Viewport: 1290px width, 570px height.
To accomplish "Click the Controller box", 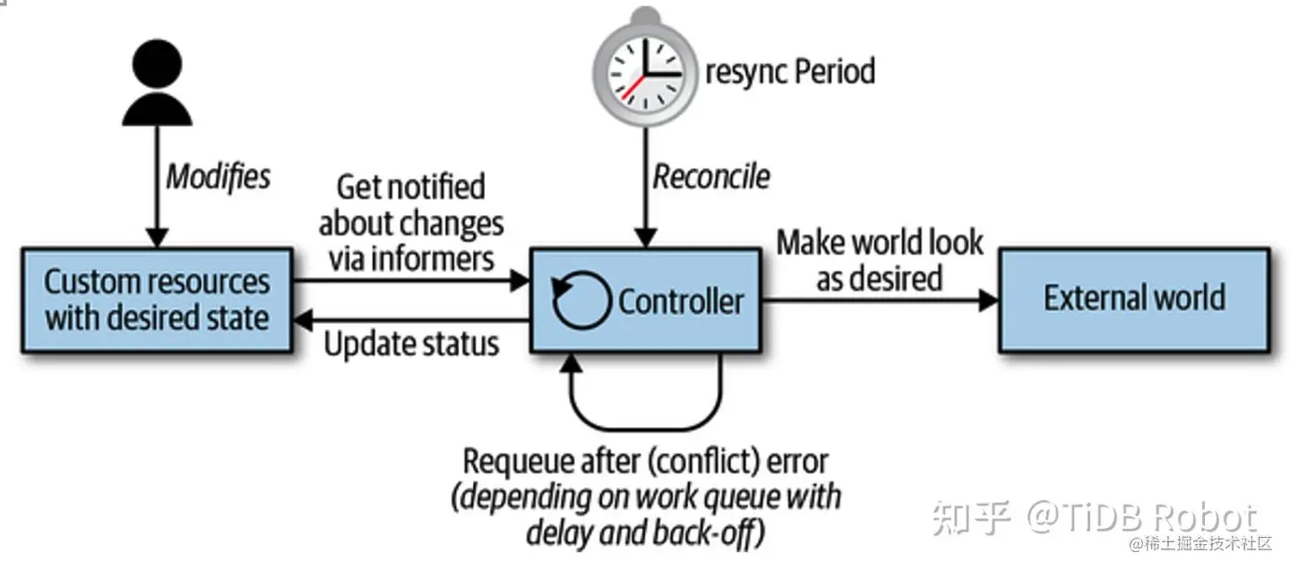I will pyautogui.click(x=645, y=299).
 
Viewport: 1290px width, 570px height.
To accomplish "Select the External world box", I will pyautogui.click(x=1134, y=299).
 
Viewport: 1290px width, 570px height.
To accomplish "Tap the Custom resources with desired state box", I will pyautogui.click(x=157, y=299).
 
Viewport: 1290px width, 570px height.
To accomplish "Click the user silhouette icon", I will pyautogui.click(x=158, y=84).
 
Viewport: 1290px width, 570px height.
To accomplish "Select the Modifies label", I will pyautogui.click(x=218, y=177).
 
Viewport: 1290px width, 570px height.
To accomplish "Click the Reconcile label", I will pyautogui.click(x=710, y=177).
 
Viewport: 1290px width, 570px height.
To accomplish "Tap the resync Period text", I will pyautogui.click(x=790, y=71).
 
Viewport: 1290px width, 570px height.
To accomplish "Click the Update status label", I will pyautogui.click(x=411, y=344).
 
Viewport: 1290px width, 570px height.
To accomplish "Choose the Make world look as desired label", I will pyautogui.click(x=879, y=259).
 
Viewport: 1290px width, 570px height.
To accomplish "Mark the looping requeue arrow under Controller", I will pyautogui.click(x=645, y=403).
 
